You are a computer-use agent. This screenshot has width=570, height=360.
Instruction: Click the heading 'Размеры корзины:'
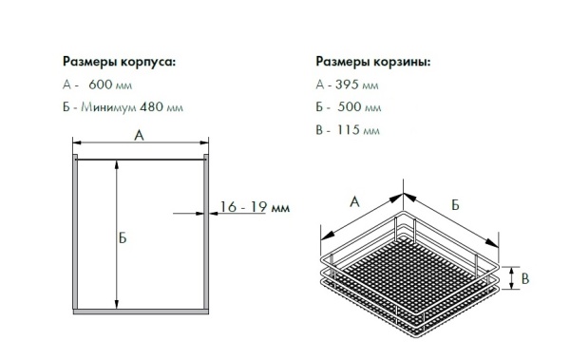tap(371, 62)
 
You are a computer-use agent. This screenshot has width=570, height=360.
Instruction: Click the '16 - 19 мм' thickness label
tap(253, 206)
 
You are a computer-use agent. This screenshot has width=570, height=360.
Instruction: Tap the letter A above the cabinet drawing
tap(139, 136)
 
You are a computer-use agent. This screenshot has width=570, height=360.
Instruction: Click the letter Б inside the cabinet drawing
tap(123, 237)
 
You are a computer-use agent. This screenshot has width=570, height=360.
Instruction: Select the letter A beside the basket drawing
tap(353, 200)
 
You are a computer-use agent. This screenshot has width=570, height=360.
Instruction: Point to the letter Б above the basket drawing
tap(456, 203)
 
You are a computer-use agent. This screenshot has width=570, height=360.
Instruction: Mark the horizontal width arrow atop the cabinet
tap(139, 145)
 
